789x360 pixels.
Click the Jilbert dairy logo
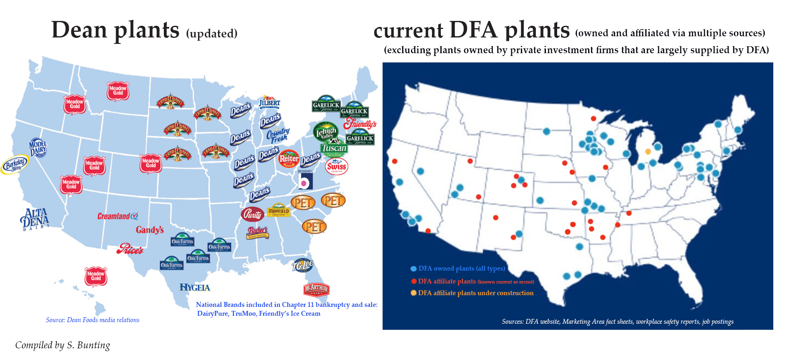coord(269,102)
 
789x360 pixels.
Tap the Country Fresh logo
coord(278,135)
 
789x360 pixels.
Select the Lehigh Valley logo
coord(326,132)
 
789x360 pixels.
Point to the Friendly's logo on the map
coord(359,124)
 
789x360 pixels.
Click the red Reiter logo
coord(289,159)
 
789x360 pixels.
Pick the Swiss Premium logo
coord(336,166)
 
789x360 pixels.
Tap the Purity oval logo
coord(252,214)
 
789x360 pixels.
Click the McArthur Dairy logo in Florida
coord(316,289)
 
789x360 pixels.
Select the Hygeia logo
coord(195,288)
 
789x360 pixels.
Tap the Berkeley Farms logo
coord(14,164)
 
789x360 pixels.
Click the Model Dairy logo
coord(38,148)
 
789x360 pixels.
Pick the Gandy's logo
coord(150,230)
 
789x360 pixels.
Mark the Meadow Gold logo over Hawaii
coord(96,276)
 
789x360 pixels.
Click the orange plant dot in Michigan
coord(648,151)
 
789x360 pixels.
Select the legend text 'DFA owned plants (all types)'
coord(461,269)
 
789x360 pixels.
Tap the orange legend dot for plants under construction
coord(413,293)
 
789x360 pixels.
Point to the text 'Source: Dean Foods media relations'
coord(93,320)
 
